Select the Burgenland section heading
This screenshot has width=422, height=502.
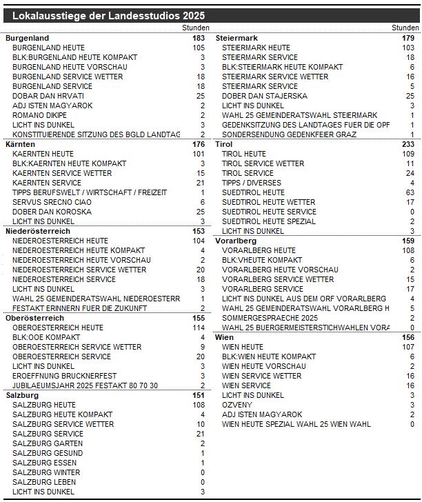27,38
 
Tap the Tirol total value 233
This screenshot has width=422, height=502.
408,144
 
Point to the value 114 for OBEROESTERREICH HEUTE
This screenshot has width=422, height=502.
199,328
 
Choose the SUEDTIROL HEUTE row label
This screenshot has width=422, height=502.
253,192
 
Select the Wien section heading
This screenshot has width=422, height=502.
225,337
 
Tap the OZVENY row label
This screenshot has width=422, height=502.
237,405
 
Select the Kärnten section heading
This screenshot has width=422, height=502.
20,144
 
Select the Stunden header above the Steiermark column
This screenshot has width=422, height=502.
405,28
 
